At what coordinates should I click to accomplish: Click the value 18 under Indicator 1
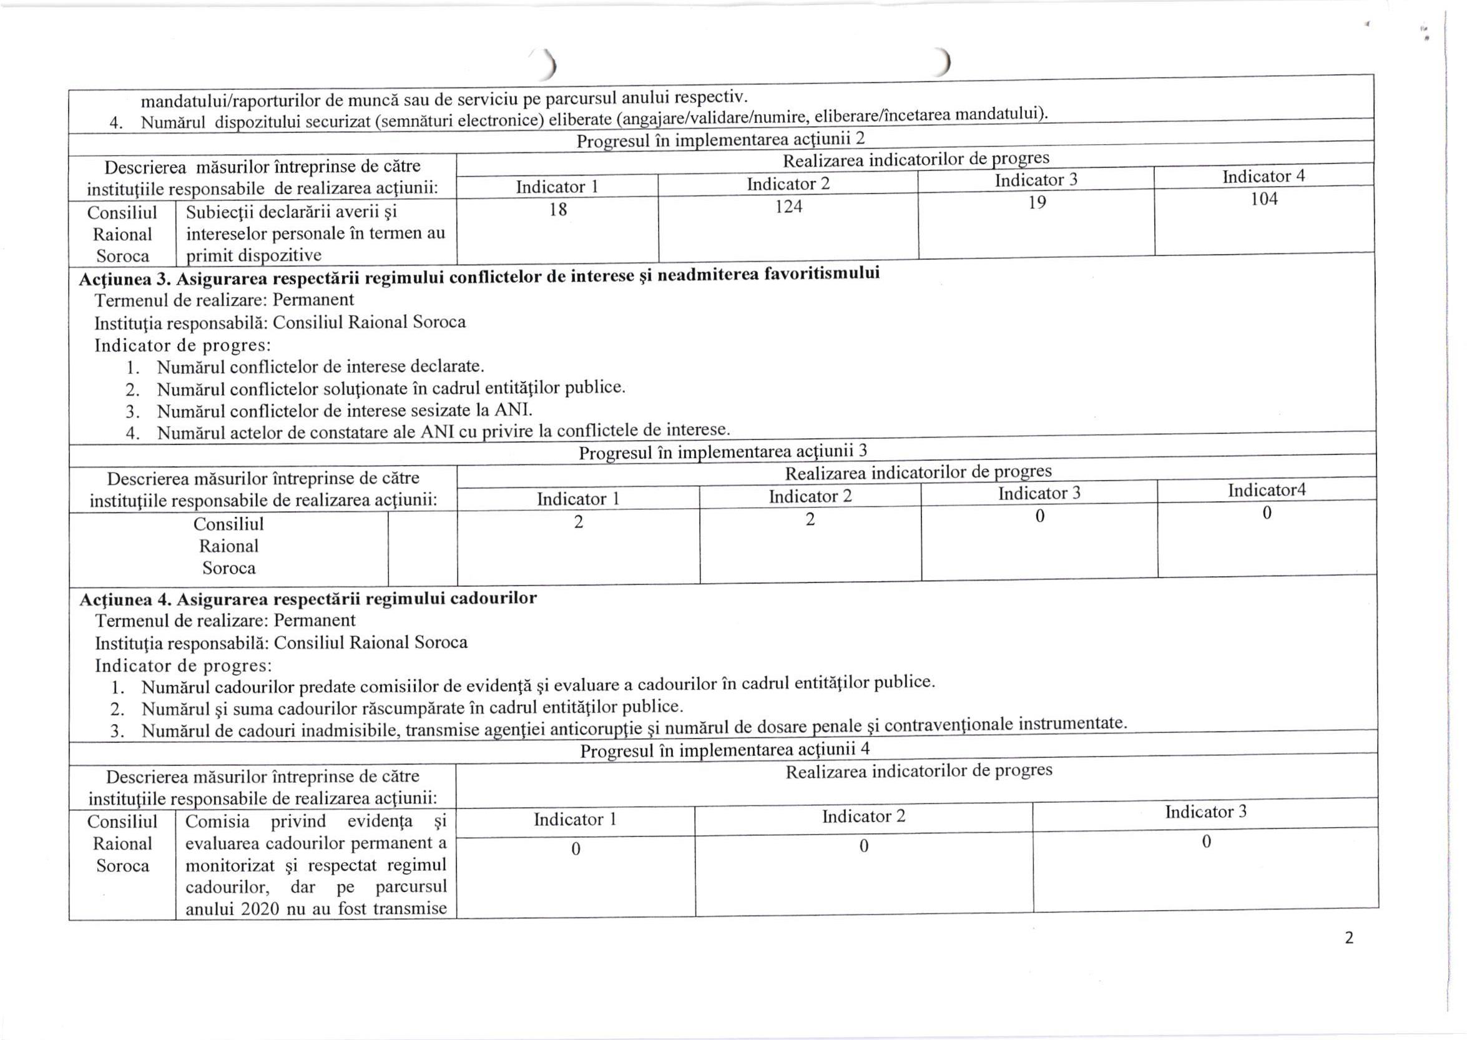(x=557, y=209)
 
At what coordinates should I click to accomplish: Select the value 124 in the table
(x=788, y=206)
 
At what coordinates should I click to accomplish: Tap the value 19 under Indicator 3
(x=1037, y=202)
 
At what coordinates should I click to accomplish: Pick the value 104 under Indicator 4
(x=1264, y=199)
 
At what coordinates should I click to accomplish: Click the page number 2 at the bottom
(x=1348, y=938)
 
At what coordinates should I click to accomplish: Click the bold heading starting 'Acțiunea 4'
(x=308, y=599)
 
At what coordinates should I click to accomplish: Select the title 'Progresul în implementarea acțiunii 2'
(x=720, y=140)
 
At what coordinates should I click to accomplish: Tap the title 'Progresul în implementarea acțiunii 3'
(x=723, y=451)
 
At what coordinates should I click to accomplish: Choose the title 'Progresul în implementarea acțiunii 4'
(x=724, y=750)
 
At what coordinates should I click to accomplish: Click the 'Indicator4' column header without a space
(x=1266, y=490)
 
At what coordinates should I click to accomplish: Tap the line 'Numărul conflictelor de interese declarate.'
(x=320, y=367)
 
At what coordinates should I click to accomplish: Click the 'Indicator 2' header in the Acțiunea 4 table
(x=863, y=817)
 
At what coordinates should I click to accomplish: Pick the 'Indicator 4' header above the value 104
(x=1263, y=176)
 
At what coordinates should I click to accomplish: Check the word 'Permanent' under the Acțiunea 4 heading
(x=315, y=621)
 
